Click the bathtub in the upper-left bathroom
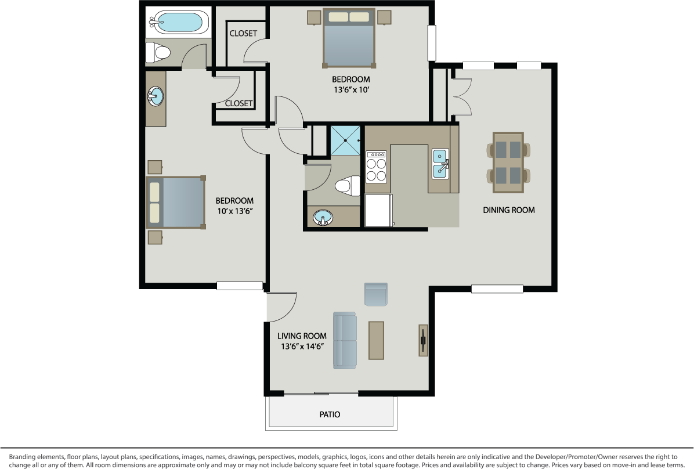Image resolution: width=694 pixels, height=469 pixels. pos(177,23)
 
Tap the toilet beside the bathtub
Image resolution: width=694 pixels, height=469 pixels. pos(158,53)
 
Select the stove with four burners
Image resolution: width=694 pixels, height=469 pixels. pos(377,168)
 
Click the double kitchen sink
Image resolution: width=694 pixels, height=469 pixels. pos(440,164)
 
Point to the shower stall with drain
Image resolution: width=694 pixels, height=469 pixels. pos(346,140)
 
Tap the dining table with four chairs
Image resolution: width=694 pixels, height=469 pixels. pos(508,163)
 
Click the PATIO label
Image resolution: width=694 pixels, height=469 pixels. pos(330,414)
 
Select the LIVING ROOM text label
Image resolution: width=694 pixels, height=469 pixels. pos(301,335)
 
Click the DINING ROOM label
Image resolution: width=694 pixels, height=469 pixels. pos(509,210)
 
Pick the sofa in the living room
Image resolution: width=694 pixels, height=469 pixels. pos(345,340)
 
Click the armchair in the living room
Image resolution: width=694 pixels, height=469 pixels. pos(375,294)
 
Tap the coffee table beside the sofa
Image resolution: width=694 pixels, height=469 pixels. pos(376,340)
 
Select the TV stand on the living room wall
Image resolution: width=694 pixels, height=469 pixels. pos(424,340)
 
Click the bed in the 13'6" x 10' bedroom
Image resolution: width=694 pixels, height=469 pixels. pos(349,38)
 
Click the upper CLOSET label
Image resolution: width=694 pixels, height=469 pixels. pos(243,34)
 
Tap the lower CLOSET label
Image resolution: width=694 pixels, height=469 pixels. pos(238,103)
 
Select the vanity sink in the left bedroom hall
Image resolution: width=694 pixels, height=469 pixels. pos(156,97)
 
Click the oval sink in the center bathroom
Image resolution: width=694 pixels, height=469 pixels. pos(323,218)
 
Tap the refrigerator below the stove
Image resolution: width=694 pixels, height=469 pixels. pos(378,210)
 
